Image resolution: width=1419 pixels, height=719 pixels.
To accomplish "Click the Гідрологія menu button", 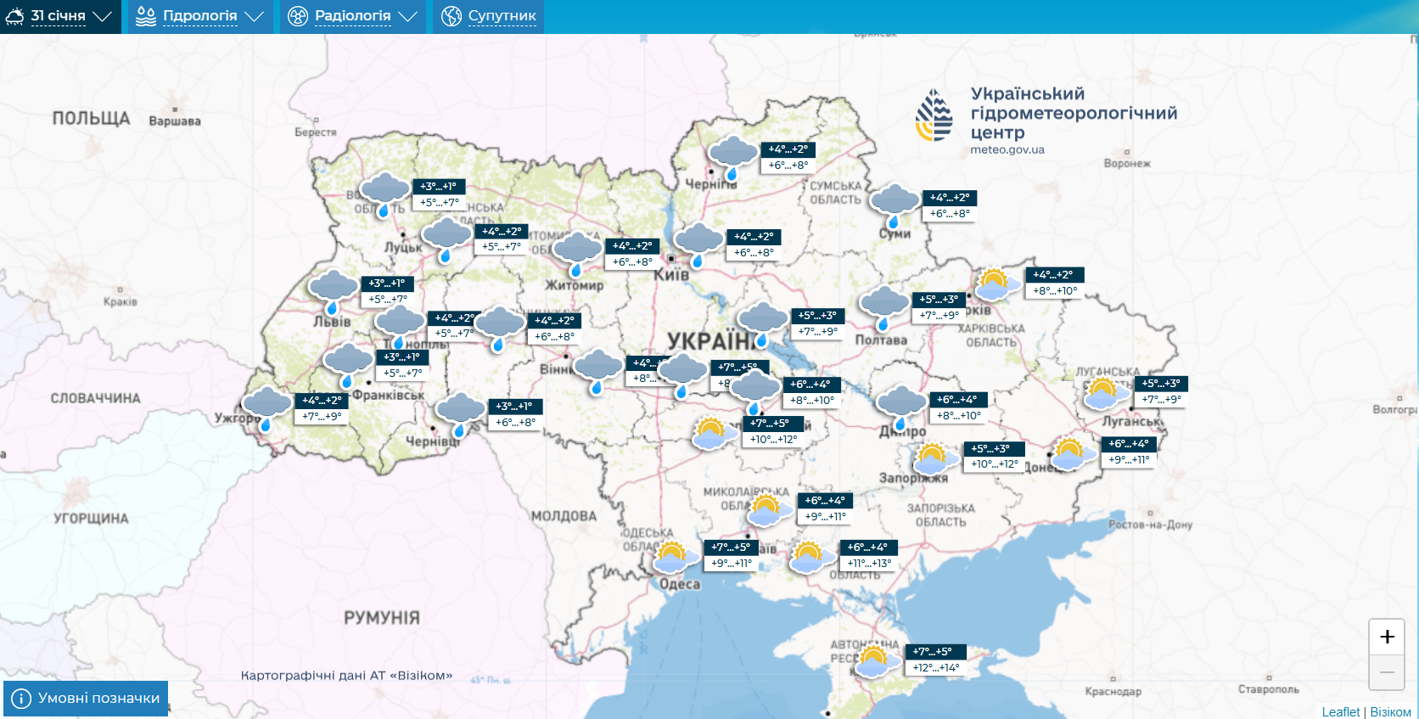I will pos(199,16).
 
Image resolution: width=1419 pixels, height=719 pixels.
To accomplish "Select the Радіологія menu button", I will pos(352,16).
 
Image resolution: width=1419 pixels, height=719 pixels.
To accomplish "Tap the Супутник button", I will pos(488,16).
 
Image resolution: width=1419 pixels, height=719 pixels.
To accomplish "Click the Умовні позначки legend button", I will pos(86,698).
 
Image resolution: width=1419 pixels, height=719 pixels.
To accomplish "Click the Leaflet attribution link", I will pos(1340,712).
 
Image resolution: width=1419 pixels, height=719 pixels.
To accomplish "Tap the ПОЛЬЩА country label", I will pos(91,119).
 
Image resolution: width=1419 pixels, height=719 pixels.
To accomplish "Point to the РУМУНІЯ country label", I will pos(381,618).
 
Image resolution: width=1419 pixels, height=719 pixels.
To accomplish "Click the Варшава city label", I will pos(175,121).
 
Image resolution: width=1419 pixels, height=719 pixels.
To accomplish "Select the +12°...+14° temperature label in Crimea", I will pos(936,668).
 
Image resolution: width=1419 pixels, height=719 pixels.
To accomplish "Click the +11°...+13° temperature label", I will pos(869,563).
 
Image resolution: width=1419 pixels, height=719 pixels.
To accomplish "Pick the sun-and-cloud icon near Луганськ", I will pos(1104,394).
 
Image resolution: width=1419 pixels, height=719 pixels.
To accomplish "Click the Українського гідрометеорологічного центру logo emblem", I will pos(934,115).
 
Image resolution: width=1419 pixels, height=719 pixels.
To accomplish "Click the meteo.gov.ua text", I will pos(1007,150).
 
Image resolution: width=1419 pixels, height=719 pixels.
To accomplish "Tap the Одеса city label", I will pos(680,584).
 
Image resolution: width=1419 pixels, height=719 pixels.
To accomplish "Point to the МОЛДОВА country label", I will pos(564,516).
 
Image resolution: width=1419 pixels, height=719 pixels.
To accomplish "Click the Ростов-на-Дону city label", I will pos(1150,525).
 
